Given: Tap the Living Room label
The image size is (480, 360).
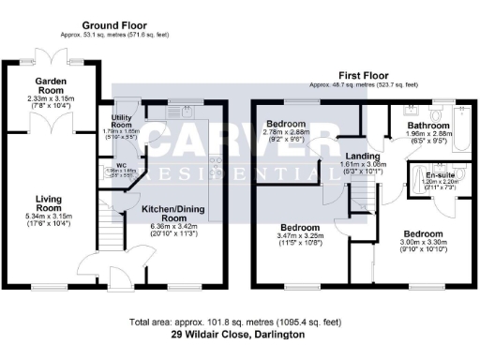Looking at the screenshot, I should point(48,203).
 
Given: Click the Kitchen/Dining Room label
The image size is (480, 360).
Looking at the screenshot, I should point(171,212).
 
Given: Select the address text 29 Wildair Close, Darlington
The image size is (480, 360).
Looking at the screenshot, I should point(239,334).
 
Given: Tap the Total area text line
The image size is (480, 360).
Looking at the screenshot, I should point(239,321).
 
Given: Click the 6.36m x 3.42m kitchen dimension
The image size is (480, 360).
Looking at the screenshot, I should point(171,225).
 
